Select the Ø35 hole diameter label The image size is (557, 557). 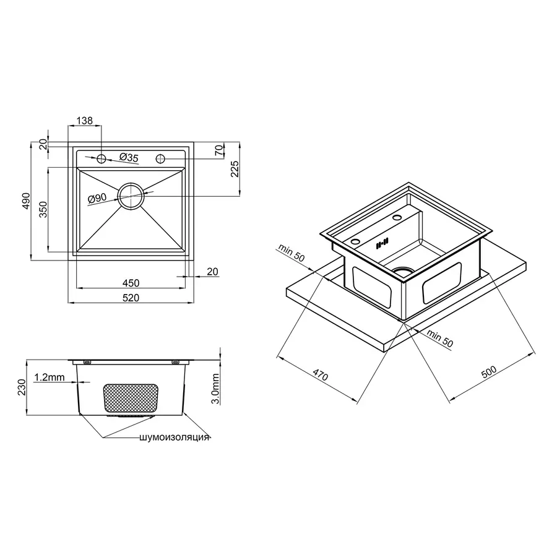[127, 157]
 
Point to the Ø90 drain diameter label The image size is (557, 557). [98, 198]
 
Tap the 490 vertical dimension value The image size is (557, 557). [26, 202]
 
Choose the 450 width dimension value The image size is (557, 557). [131, 283]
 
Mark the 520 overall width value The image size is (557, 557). [131, 298]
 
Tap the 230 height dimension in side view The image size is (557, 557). [21, 387]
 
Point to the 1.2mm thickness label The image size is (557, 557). [50, 377]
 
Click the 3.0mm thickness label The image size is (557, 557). [215, 389]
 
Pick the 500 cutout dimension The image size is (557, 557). [488, 371]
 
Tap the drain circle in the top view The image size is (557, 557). [131, 196]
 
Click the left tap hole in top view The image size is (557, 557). [101, 158]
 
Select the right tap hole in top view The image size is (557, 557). [160, 158]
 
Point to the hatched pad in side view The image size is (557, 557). [130, 399]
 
